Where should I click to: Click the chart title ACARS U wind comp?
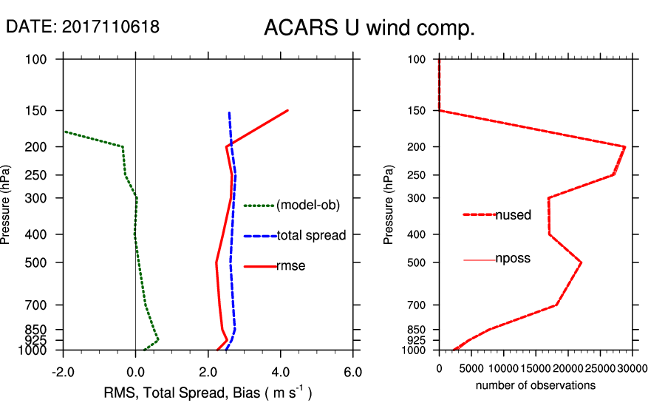(369, 29)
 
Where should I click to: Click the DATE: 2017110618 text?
(82, 27)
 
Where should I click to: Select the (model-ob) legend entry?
(308, 206)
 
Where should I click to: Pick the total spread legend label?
(311, 236)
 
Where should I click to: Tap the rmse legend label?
(291, 266)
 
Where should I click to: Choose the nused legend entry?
(513, 215)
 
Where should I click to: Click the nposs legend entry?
(513, 259)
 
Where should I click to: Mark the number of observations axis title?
(535, 385)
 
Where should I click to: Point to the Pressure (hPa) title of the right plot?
(390, 205)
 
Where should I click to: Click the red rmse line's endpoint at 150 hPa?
(287, 110)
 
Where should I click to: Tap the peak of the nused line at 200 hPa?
(625, 146)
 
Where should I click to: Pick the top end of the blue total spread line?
(229, 113)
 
